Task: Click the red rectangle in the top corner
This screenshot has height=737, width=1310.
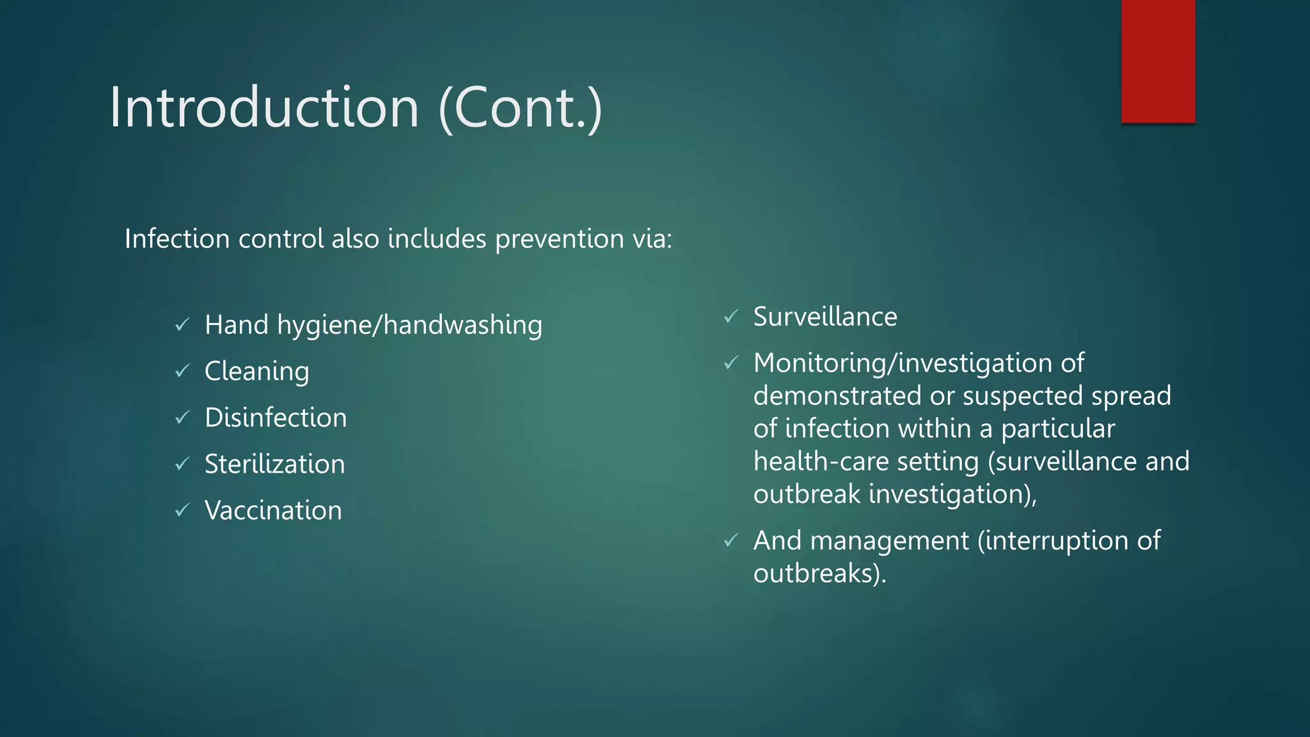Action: [x=1158, y=61]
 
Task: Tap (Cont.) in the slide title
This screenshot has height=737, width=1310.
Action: [x=521, y=109]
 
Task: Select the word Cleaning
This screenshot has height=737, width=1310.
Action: [x=256, y=372]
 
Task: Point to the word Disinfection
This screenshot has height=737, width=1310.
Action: [x=276, y=418]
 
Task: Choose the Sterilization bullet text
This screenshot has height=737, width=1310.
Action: [x=274, y=464]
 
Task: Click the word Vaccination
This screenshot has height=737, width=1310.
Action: [x=273, y=511]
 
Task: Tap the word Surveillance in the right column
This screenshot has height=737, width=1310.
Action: [x=825, y=317]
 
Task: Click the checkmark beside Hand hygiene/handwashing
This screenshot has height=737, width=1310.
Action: [x=182, y=325]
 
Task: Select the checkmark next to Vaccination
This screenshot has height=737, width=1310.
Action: [x=182, y=511]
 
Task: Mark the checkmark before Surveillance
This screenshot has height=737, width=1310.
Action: [x=731, y=317]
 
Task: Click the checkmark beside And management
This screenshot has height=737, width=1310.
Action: [x=731, y=541]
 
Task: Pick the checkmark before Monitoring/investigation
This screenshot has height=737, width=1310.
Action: [x=731, y=363]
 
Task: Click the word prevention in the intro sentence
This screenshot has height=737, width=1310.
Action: [x=560, y=239]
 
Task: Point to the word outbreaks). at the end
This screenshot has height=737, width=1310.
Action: [x=819, y=573]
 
